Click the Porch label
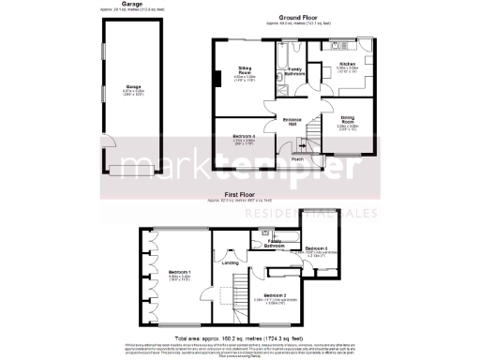pyautogui.click(x=296, y=158)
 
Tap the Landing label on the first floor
pyautogui.click(x=229, y=262)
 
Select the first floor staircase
pyautogui.click(x=242, y=286)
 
